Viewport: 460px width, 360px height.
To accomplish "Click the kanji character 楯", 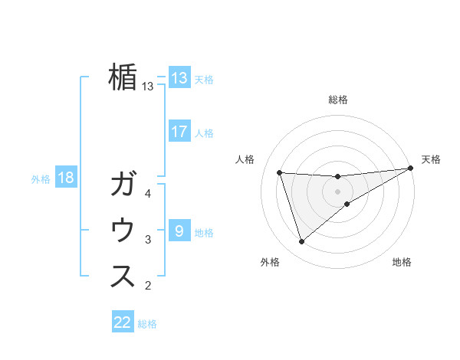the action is pyautogui.click(x=123, y=77).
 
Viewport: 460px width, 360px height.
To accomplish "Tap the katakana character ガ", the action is pyautogui.click(x=123, y=185).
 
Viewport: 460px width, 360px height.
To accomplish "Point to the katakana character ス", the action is pyautogui.click(x=123, y=277).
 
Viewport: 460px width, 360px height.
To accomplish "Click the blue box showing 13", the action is pyautogui.click(x=179, y=78).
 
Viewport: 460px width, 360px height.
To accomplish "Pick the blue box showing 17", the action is pyautogui.click(x=179, y=132).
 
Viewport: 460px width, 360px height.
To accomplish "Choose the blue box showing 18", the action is pyautogui.click(x=66, y=178).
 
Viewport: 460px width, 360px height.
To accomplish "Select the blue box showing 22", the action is pyautogui.click(x=123, y=322).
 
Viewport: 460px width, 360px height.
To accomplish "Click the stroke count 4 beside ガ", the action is pyautogui.click(x=148, y=194).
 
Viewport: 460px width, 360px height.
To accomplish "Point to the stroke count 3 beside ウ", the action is pyautogui.click(x=148, y=240).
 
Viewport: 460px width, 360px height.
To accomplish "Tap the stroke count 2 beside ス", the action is pyautogui.click(x=148, y=286).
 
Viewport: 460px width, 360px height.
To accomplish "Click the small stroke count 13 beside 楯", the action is pyautogui.click(x=148, y=87).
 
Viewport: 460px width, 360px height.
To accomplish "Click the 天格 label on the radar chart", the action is pyautogui.click(x=431, y=159).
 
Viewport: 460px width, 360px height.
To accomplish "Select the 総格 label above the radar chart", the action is pyautogui.click(x=338, y=100).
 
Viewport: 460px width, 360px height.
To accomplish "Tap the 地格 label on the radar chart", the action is pyautogui.click(x=402, y=262).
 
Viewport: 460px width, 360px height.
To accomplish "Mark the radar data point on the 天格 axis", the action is pyautogui.click(x=411, y=169).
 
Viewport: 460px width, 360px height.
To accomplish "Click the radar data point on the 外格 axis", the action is pyautogui.click(x=301, y=242).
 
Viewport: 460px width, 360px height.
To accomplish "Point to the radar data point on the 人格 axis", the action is pyautogui.click(x=280, y=172).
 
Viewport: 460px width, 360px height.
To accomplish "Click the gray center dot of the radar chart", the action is pyautogui.click(x=338, y=191).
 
